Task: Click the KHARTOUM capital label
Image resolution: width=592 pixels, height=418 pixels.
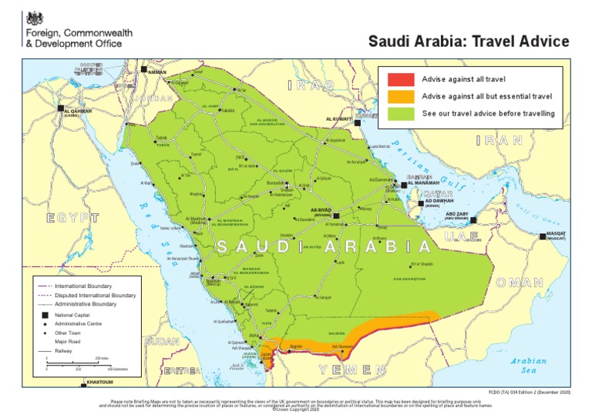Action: (x=100, y=383)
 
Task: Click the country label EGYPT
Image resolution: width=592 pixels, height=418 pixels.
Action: (x=72, y=218)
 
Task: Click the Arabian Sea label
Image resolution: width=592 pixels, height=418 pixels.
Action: (x=528, y=365)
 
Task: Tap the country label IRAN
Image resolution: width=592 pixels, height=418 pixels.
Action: (x=499, y=141)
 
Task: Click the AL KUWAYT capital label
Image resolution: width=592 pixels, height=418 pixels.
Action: (x=338, y=119)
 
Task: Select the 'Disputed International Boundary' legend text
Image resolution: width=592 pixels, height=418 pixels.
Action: (x=96, y=295)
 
